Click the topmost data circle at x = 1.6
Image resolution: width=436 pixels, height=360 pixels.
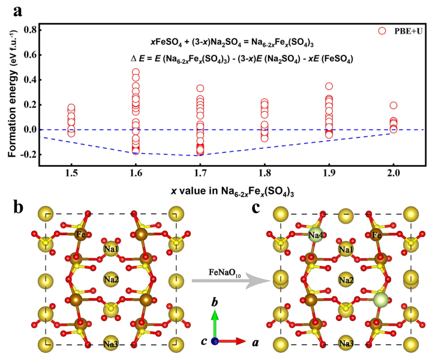(136, 73)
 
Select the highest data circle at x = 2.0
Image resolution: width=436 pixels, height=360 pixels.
(393, 106)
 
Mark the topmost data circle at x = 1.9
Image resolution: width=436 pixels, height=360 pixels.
(329, 86)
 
